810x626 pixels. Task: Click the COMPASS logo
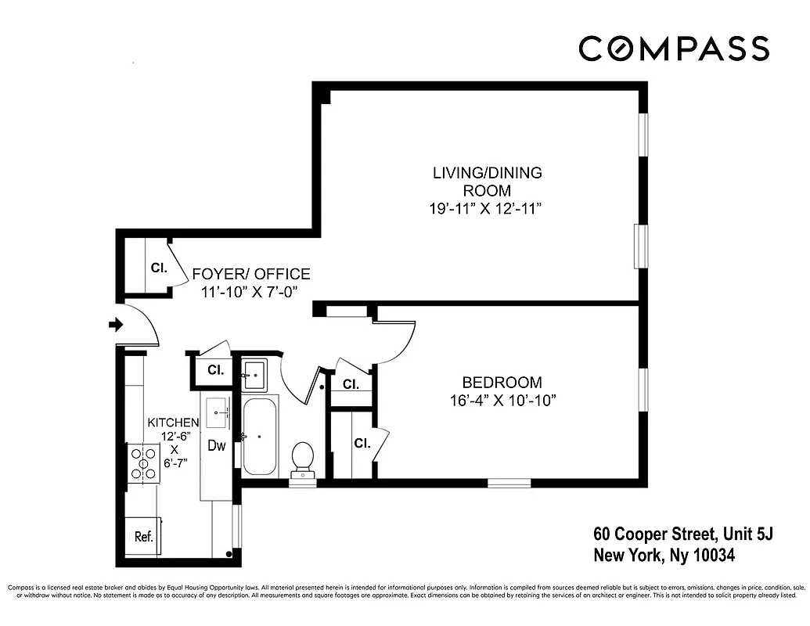(x=674, y=49)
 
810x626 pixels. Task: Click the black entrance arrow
(x=115, y=325)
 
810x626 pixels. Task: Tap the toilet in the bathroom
(x=302, y=458)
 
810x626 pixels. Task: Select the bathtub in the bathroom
(x=260, y=437)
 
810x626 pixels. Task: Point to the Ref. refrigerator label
(x=143, y=537)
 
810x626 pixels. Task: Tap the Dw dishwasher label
(x=217, y=446)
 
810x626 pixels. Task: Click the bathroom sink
(x=254, y=375)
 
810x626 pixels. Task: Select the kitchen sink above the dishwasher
(x=218, y=409)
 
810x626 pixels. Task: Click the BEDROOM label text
(x=502, y=383)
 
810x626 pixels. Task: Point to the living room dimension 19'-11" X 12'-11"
(x=487, y=208)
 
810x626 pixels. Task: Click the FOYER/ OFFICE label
(x=251, y=274)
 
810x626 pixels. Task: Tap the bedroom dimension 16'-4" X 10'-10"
(x=502, y=401)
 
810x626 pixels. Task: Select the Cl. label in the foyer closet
(x=159, y=268)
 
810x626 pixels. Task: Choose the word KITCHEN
(x=174, y=423)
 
